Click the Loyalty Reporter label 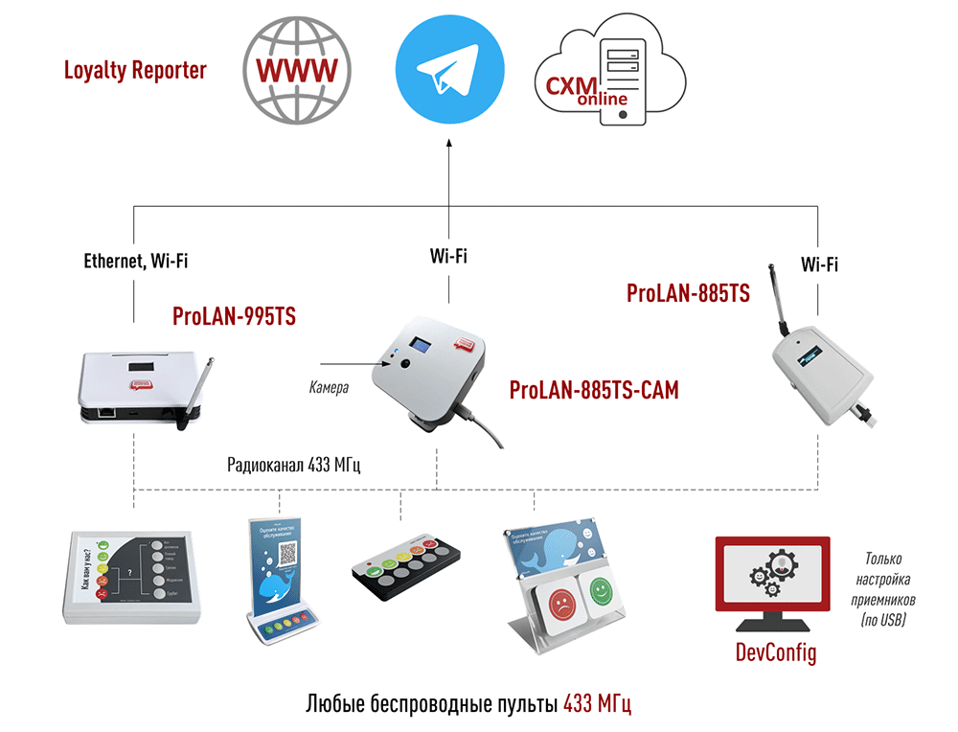pyautogui.click(x=135, y=70)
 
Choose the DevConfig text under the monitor pyautogui.click(x=775, y=653)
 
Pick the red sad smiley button pyautogui.click(x=559, y=604)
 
